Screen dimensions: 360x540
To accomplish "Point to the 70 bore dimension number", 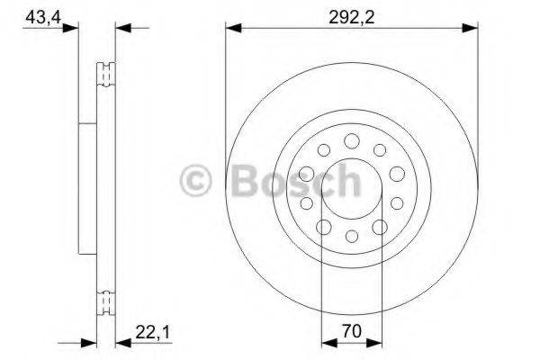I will (x=352, y=331).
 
